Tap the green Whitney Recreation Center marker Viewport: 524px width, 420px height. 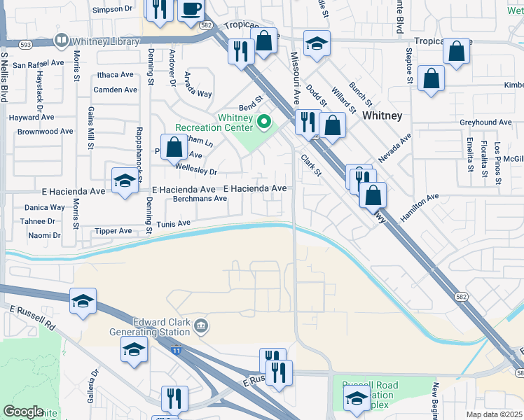click(264, 123)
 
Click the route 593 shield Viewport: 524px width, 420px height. click(26, 44)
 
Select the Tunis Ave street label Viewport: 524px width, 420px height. click(173, 224)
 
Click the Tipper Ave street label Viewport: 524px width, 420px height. click(113, 231)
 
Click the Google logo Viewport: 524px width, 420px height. click(23, 412)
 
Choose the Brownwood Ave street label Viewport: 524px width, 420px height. click(46, 131)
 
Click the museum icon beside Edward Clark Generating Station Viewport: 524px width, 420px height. click(201, 325)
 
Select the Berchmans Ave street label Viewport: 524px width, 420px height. click(200, 198)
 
